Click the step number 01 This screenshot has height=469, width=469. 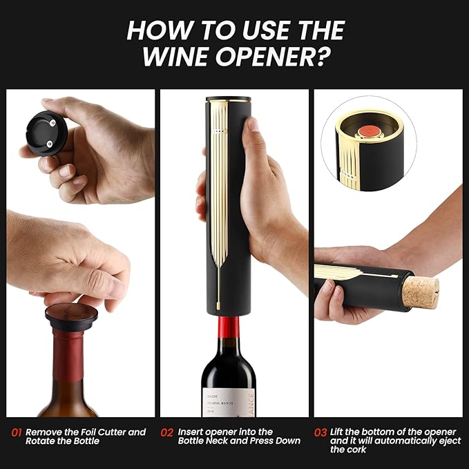17,432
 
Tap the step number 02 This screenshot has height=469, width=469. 166,432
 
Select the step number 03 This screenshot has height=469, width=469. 320,432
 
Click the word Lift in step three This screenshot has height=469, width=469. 340,432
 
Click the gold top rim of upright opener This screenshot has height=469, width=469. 228,99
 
